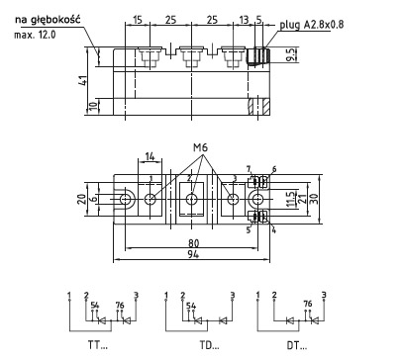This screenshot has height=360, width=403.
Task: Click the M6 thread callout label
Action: (x=200, y=147)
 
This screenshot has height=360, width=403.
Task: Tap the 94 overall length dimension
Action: (x=193, y=254)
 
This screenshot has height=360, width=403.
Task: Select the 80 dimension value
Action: (x=194, y=243)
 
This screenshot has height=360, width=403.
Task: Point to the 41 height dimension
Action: (x=83, y=80)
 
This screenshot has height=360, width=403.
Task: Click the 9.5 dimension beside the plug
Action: (x=291, y=54)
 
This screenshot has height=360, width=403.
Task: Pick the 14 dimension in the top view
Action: (x=150, y=156)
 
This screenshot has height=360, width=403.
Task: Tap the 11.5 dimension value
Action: (x=290, y=200)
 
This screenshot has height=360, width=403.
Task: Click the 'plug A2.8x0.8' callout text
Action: (x=312, y=25)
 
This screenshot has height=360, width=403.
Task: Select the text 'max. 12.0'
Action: (x=35, y=35)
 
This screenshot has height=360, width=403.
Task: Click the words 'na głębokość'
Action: (x=48, y=20)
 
